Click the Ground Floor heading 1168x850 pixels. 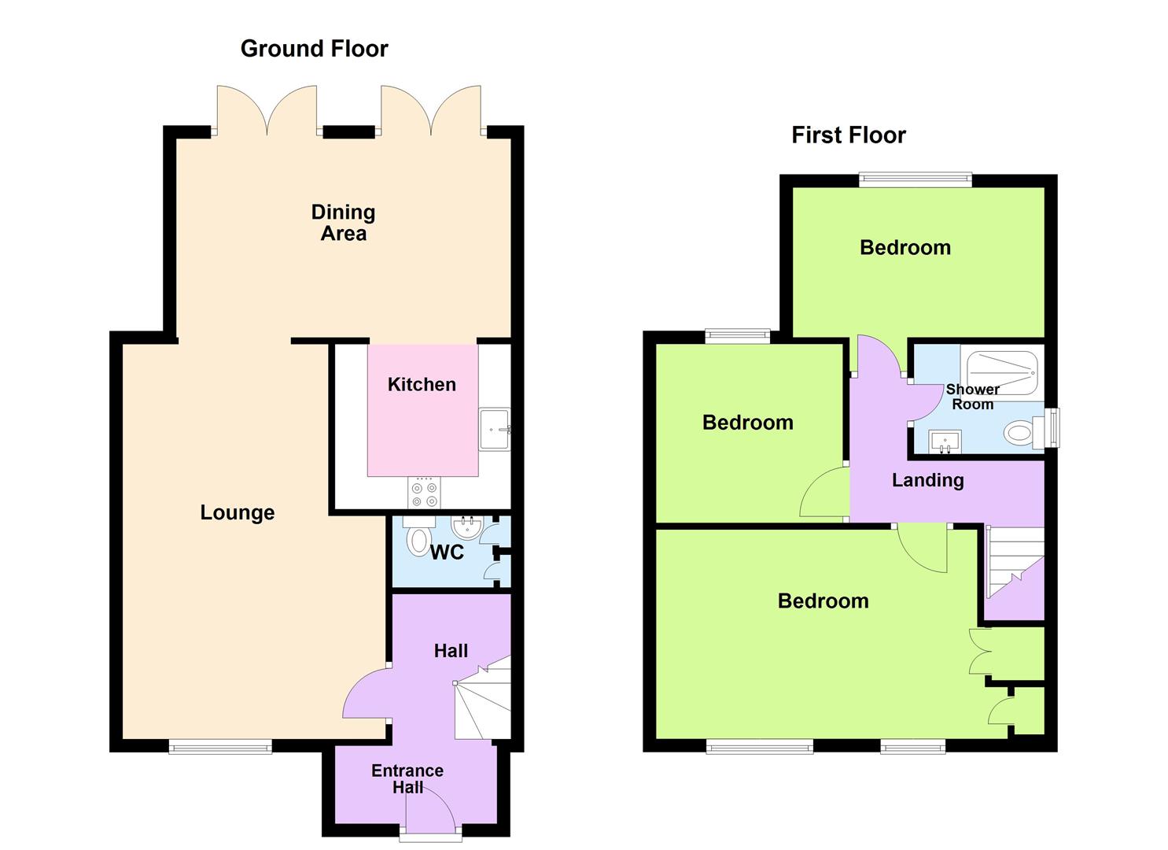point(314,49)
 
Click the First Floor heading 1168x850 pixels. point(849,135)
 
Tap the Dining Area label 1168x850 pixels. point(343,223)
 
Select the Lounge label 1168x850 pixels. point(238,512)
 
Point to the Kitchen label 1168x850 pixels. point(422,385)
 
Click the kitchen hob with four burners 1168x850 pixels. point(424,493)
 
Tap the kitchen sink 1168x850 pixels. point(494,430)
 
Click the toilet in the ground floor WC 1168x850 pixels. point(418,537)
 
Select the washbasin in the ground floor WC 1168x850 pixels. point(468,527)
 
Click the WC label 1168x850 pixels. point(448,552)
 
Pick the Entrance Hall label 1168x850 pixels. point(407,778)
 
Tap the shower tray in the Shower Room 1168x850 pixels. point(1002,372)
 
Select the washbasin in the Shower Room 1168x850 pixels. point(945,442)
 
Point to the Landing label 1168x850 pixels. point(927,480)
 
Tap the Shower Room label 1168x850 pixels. point(972,397)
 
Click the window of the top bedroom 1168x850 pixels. point(916,180)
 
